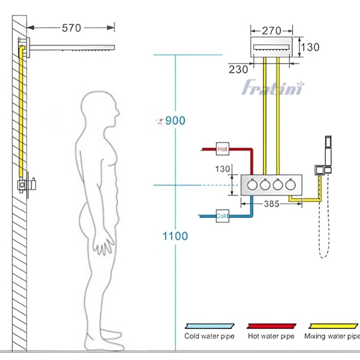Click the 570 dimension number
click(71, 28)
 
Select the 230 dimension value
click(238, 69)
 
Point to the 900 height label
click(175, 121)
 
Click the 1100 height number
click(175, 236)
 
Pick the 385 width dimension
click(271, 205)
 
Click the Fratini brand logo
click(273, 89)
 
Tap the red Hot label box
click(223, 148)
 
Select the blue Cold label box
click(222, 215)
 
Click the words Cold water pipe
click(209, 336)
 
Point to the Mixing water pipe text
click(332, 336)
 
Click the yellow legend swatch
click(331, 324)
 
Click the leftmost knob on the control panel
click(253, 186)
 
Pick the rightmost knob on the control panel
click(291, 186)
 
